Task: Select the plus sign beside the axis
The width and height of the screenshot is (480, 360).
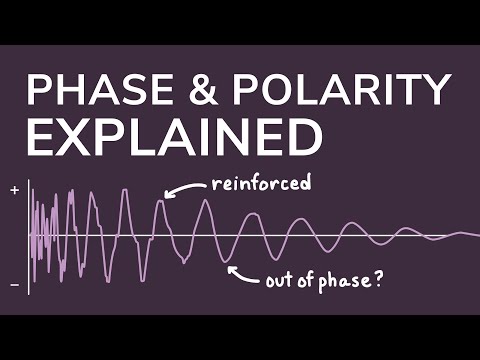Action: pos(15,190)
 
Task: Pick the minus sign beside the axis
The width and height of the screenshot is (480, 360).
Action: pos(15,285)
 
